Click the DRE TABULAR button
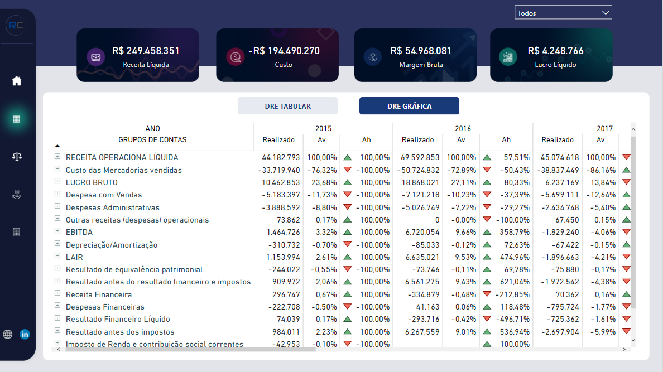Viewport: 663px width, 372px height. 287,106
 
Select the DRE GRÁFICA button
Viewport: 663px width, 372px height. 409,106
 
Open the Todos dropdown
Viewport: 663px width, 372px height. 563,13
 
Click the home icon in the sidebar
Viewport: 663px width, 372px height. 17,81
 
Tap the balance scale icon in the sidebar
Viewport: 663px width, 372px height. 17,156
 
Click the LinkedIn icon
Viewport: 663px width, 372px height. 25,334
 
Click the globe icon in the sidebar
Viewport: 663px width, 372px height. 8,334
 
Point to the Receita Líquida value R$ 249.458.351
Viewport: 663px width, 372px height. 146,51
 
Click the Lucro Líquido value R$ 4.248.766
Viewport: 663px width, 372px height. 555,51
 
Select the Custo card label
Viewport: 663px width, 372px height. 284,65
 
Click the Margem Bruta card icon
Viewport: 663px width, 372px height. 371,56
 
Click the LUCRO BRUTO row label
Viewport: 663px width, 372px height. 92,182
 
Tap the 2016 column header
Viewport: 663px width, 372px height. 463,128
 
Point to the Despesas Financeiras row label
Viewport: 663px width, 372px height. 105,307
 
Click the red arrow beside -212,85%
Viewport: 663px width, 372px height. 487,294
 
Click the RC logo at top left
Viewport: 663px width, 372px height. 15,26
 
